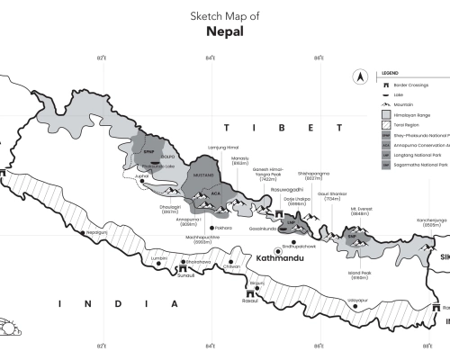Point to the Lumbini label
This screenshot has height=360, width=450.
coord(160,257)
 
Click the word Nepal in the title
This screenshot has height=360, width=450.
coord(223,31)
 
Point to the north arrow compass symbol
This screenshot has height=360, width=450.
coord(360,77)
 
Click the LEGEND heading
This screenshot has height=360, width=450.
coord(391,72)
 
